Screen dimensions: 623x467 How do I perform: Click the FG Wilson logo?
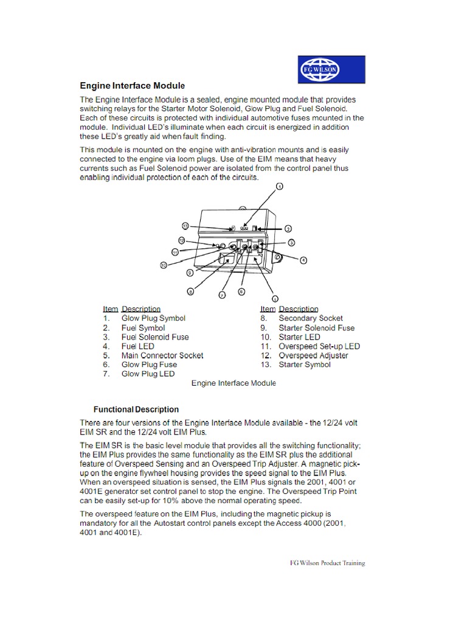coord(331,69)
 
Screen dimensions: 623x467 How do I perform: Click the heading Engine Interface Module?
coord(133,85)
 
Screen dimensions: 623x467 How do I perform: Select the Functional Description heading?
coord(136,409)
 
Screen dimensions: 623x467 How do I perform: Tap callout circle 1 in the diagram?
coord(279,187)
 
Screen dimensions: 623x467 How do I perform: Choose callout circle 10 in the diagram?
coord(164,265)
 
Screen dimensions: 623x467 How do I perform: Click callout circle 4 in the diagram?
coord(303,260)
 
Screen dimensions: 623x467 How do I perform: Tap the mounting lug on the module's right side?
coord(278,258)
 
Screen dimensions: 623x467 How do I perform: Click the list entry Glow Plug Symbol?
coord(153,318)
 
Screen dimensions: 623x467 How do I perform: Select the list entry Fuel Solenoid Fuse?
coord(155,337)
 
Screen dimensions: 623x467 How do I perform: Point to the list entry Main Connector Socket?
coord(162,355)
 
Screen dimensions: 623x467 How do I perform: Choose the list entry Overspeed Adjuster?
coord(313,355)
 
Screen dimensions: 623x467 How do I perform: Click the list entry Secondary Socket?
coord(311,318)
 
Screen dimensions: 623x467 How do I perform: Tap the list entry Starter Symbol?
coord(305,364)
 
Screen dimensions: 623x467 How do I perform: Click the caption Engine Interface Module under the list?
coord(233,383)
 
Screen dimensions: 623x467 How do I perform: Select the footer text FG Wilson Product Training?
coord(327,563)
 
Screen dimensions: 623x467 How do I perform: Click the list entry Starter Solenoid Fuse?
coord(316,328)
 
